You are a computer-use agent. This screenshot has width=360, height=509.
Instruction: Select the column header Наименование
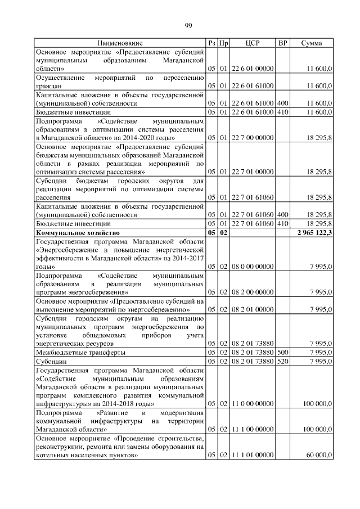click(x=120, y=43)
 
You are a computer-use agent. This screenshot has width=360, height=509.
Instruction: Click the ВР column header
click(x=283, y=43)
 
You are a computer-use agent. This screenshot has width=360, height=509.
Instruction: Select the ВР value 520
click(x=283, y=361)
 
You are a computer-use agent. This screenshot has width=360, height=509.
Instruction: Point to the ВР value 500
click(x=283, y=352)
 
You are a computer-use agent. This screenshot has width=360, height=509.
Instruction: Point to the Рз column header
click(x=211, y=43)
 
